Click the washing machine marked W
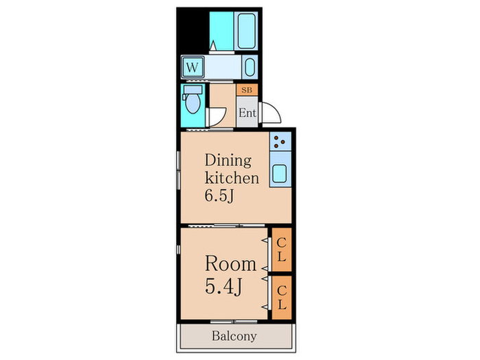click(193, 67)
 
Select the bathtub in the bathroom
click(246, 31)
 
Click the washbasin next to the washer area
click(250, 67)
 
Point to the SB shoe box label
click(247, 90)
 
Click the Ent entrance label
click(248, 112)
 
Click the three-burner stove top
click(280, 141)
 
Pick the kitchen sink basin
click(280, 173)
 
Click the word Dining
click(228, 160)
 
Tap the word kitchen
click(232, 178)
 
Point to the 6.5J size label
click(219, 195)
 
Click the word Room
click(230, 263)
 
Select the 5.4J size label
click(224, 287)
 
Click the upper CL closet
click(282, 250)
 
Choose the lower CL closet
click(282, 298)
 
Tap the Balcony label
click(235, 336)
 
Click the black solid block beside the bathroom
click(193, 30)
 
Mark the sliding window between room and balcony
click(234, 322)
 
